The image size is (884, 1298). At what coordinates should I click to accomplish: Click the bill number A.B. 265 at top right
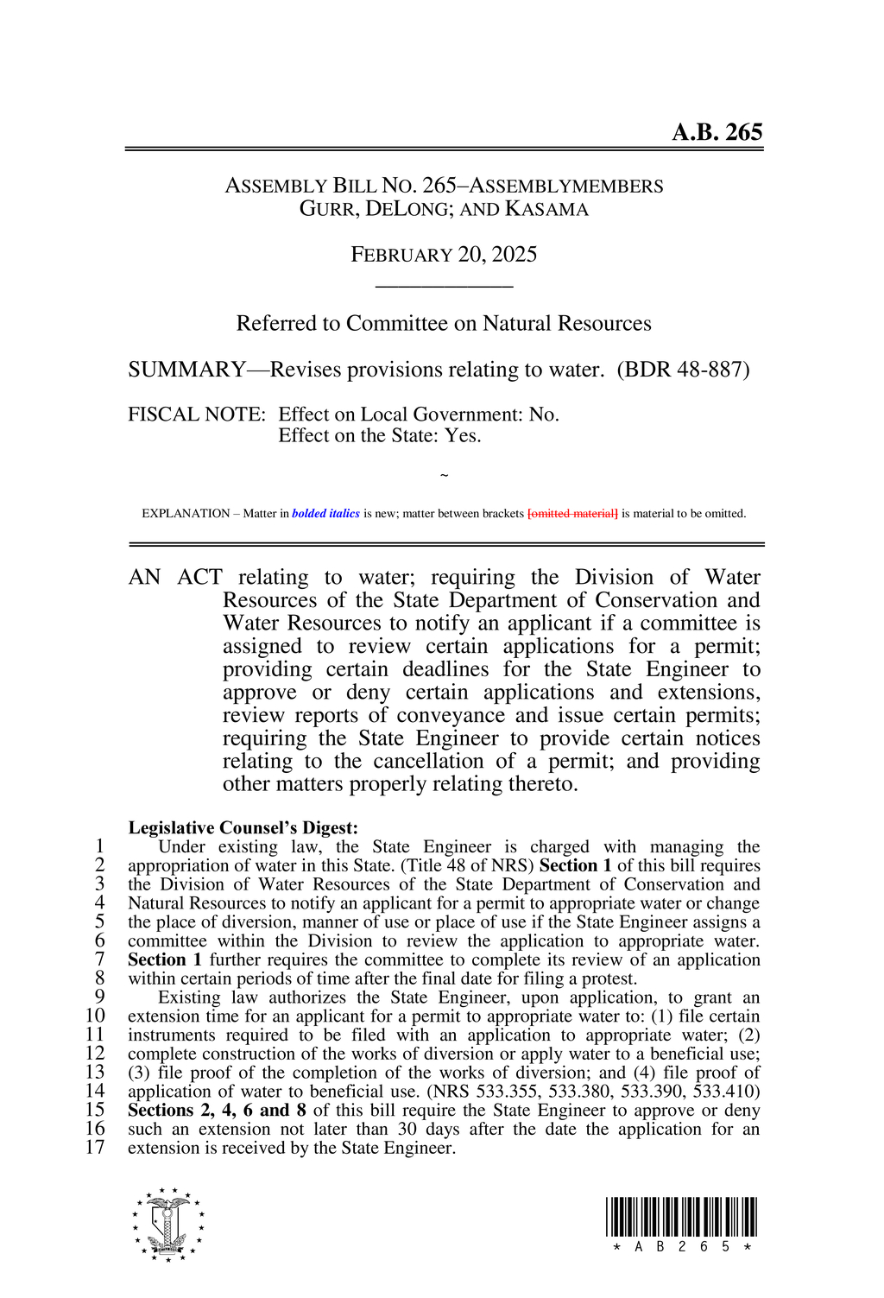click(717, 132)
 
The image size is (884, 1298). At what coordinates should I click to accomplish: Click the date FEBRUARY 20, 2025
click(444, 255)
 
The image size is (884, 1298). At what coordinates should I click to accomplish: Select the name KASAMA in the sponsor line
click(546, 209)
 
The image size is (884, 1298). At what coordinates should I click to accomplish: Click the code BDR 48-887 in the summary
click(683, 370)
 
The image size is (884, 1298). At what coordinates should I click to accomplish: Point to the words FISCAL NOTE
click(196, 415)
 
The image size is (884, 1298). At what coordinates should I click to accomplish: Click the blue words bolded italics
click(325, 514)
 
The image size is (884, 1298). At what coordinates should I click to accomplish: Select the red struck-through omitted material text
click(572, 514)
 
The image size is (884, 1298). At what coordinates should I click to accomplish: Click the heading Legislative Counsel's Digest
click(243, 828)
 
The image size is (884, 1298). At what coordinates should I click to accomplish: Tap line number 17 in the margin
click(95, 1148)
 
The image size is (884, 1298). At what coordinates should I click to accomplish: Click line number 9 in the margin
click(99, 997)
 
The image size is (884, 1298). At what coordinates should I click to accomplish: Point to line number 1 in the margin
click(99, 846)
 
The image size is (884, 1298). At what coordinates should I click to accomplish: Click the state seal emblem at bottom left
click(168, 1225)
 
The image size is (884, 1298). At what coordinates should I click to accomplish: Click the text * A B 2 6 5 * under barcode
click(681, 1247)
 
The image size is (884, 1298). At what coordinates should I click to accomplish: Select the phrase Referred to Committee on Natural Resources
click(444, 324)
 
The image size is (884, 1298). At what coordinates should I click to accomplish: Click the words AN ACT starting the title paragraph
click(174, 578)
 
